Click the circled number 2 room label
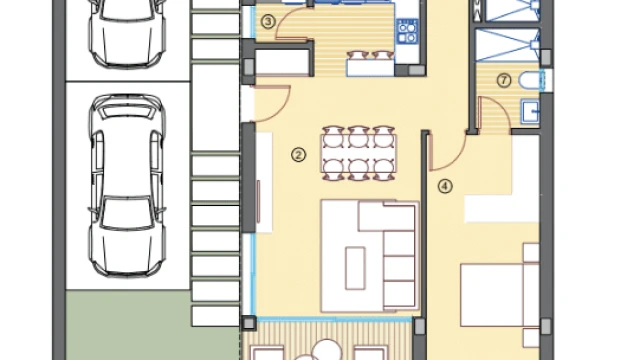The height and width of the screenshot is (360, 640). coord(298,155)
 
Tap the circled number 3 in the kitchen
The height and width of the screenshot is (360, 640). coord(268,22)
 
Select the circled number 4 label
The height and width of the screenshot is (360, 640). coord(445,187)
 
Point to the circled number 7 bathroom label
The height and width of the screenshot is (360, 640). coord(504,80)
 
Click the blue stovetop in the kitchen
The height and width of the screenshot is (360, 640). coord(407,31)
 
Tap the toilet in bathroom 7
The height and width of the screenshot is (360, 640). coord(530,80)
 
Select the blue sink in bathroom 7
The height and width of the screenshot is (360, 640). coord(530,112)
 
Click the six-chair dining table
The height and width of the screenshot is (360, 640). coord(359,153)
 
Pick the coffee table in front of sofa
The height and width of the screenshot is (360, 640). coord(355,268)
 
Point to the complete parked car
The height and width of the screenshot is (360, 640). coord(127,185)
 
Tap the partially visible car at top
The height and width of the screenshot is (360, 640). coord(127,33)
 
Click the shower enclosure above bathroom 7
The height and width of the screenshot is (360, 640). coord(508,45)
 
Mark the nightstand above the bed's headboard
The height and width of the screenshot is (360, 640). coord(531,253)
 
